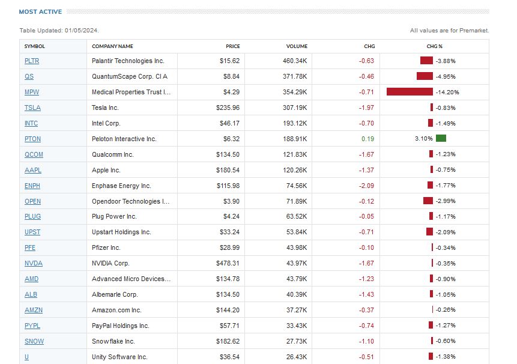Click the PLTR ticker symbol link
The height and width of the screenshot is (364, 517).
click(x=32, y=61)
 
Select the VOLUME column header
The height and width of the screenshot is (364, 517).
click(x=297, y=46)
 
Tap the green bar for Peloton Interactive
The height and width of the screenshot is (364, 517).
click(x=441, y=139)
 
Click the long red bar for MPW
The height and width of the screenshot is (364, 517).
click(x=410, y=92)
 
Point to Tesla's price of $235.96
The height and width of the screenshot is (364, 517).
click(x=228, y=108)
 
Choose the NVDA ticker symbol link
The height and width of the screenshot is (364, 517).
click(x=34, y=263)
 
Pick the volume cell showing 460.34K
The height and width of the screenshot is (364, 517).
click(x=295, y=61)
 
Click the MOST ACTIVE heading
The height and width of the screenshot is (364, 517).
click(x=40, y=11)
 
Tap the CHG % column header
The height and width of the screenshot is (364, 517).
click(x=434, y=46)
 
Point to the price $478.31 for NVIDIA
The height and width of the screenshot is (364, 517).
click(x=228, y=263)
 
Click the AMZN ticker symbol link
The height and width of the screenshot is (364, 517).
click(x=34, y=310)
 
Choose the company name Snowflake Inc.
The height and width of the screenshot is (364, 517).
click(x=113, y=341)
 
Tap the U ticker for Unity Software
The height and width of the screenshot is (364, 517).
click(x=26, y=357)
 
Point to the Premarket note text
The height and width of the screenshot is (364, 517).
click(x=450, y=31)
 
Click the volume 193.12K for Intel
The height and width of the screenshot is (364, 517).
click(x=295, y=123)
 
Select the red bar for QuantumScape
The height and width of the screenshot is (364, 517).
click(x=425, y=76)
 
